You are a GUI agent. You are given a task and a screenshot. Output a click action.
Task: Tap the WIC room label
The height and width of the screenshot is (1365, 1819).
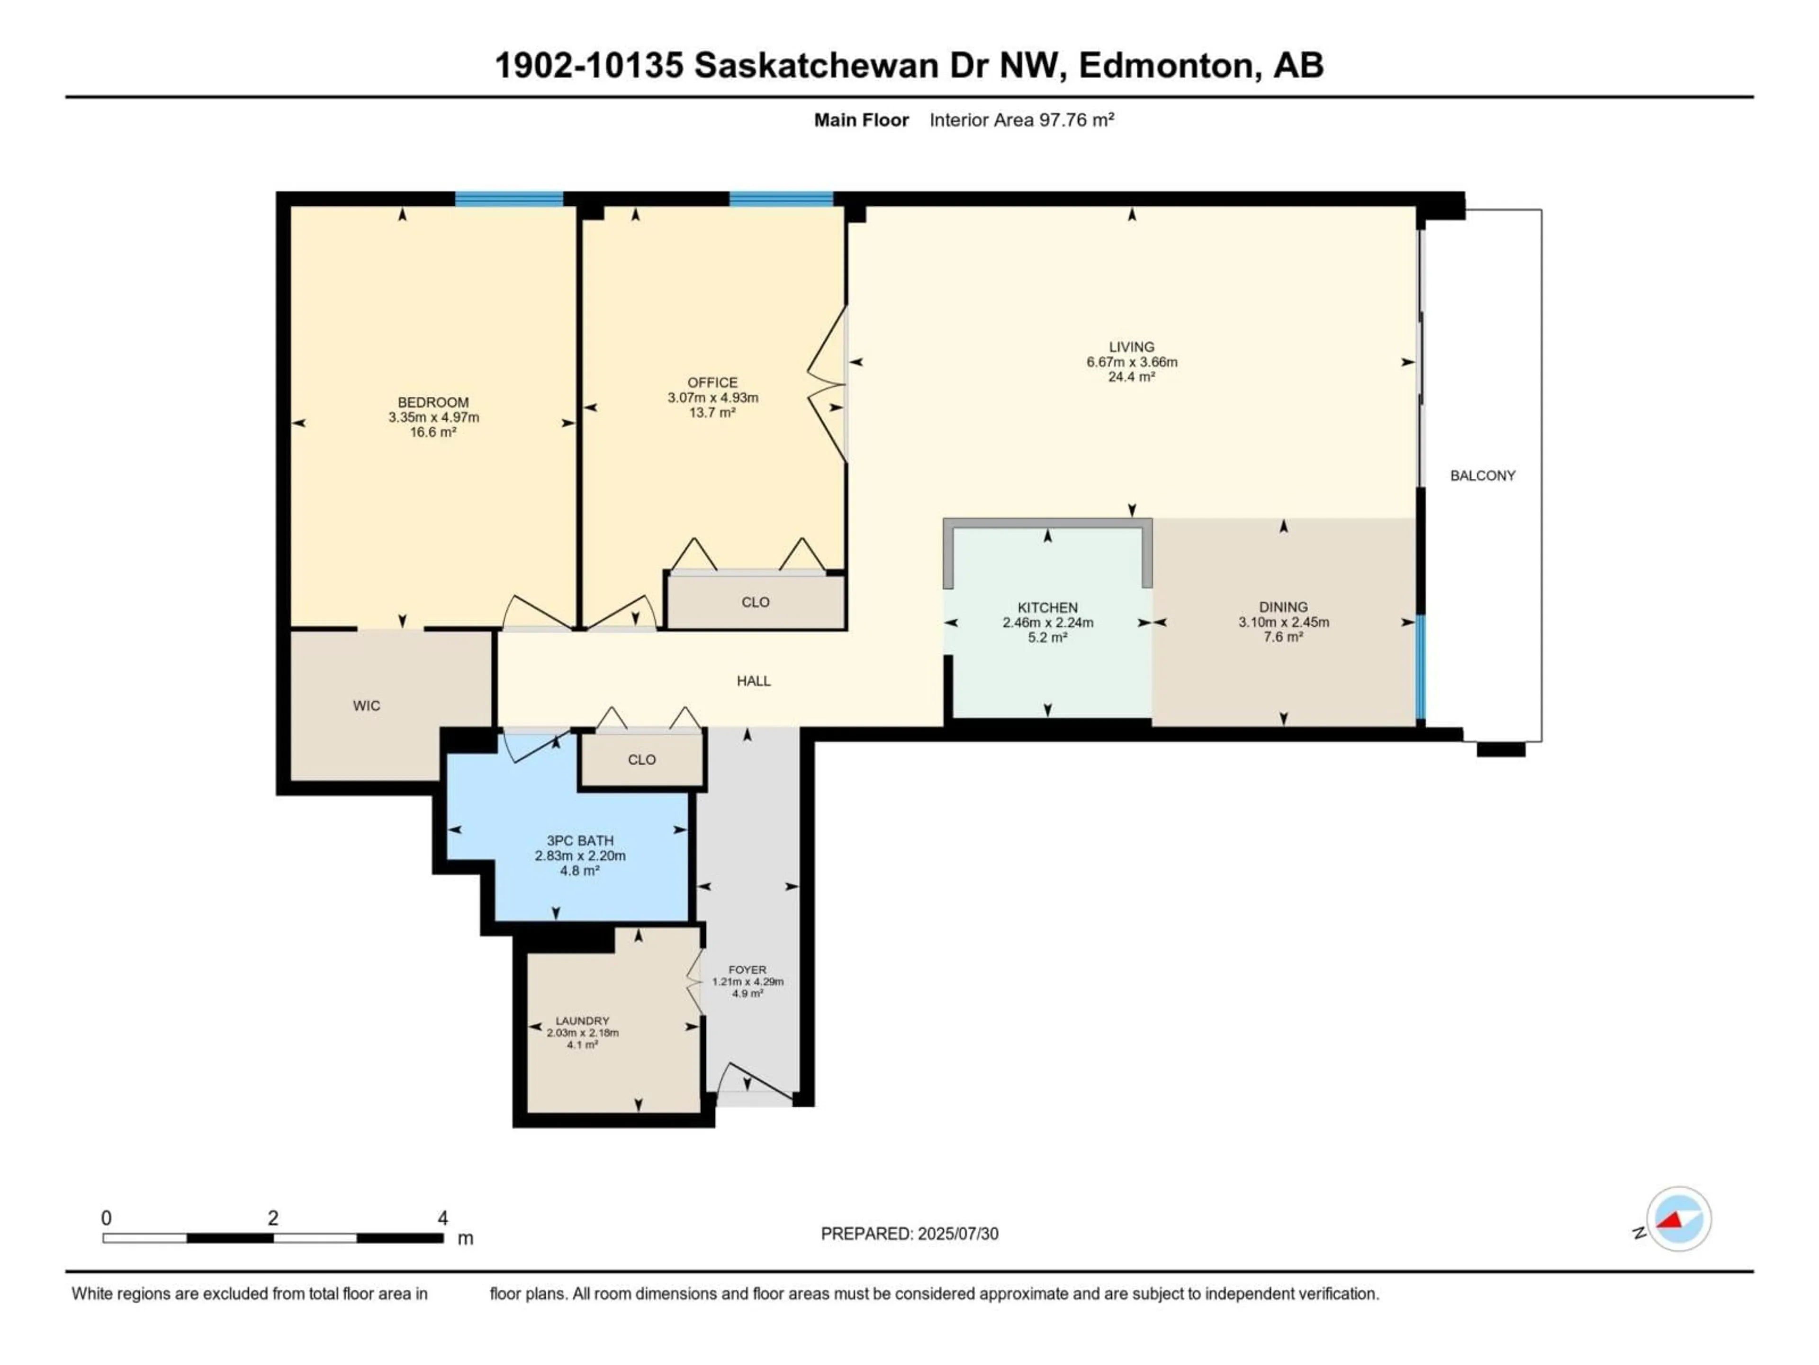(367, 705)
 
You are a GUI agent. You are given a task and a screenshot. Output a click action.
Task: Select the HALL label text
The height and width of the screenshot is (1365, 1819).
(753, 681)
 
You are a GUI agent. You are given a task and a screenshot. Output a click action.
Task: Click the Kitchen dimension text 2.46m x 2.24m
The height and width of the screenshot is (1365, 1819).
(1048, 622)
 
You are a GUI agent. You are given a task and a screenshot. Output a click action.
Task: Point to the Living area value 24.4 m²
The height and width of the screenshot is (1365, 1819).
(1132, 377)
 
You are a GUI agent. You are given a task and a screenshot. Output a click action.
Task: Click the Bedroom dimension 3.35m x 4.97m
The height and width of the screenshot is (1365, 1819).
(433, 417)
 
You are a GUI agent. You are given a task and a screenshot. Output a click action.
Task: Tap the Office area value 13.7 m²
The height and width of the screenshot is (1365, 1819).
(712, 412)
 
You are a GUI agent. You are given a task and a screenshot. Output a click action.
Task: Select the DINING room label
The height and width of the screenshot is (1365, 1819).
(1283, 607)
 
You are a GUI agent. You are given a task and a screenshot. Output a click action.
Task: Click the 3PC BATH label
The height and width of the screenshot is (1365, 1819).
(580, 840)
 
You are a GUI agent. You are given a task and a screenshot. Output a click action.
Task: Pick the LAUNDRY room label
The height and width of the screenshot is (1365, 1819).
(582, 1020)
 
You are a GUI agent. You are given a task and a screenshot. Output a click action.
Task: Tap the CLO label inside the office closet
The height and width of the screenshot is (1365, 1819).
(755, 601)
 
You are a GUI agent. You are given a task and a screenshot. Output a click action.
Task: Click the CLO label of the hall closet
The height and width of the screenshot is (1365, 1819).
(641, 759)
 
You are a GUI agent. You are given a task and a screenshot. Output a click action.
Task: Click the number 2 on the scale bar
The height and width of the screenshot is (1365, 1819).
(273, 1218)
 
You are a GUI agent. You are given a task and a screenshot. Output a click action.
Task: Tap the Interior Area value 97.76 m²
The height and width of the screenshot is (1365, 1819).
(1076, 120)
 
